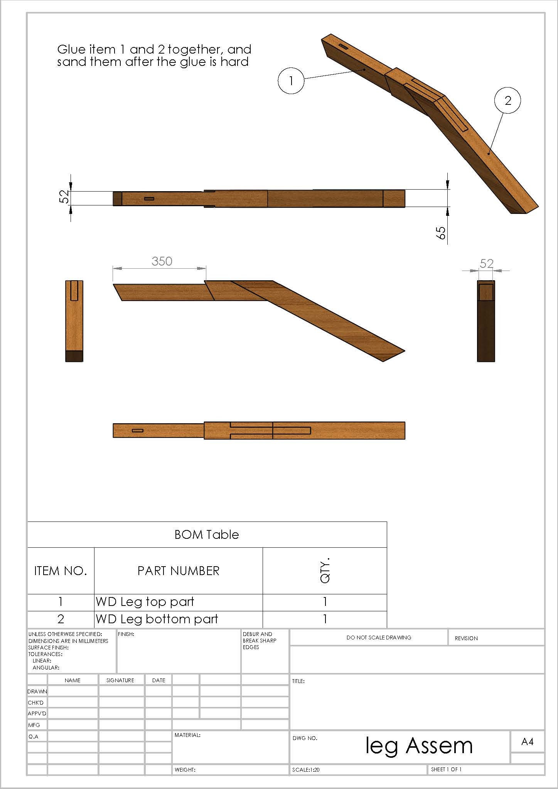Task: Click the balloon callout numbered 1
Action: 291,81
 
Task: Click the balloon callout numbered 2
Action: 507,101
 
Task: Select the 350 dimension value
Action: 162,261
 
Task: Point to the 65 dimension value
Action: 441,232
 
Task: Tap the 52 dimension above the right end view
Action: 486,263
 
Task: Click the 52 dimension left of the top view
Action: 66,197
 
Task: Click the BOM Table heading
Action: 207,535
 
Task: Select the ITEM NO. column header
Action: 61,571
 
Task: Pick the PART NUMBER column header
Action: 178,571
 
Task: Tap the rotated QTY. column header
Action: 325,570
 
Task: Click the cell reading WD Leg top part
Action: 145,602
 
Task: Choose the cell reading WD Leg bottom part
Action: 157,619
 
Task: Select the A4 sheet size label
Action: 527,742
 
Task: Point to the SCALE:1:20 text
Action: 306,770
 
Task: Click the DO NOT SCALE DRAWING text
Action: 379,638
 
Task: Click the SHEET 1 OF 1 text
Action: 446,769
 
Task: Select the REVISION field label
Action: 466,638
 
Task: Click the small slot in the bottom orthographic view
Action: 138,430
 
